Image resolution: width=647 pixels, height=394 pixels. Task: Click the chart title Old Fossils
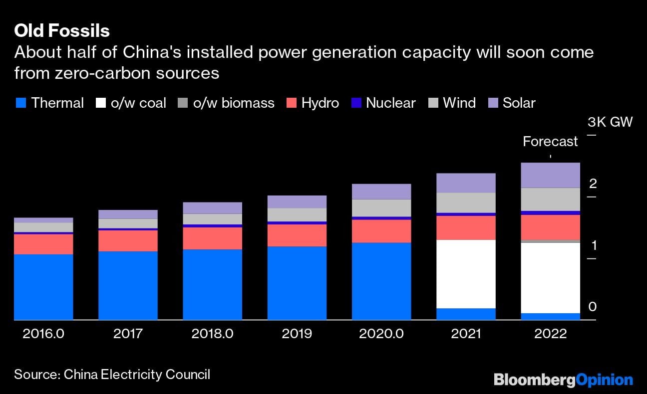tap(62, 31)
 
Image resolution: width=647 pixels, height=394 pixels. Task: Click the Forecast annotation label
tap(550, 142)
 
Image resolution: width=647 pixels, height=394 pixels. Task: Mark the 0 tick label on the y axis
tap(593, 307)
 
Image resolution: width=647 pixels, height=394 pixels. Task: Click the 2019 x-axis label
tap(297, 334)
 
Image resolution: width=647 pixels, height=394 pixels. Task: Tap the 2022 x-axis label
tap(550, 334)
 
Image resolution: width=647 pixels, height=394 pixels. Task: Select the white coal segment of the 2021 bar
tap(466, 274)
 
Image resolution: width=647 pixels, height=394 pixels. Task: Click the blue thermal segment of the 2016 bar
tap(43, 287)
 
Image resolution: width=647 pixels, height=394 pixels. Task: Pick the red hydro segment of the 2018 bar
tap(212, 238)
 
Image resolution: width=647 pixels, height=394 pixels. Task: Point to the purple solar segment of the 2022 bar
tap(550, 175)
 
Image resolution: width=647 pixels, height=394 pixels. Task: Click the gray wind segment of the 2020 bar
tap(381, 208)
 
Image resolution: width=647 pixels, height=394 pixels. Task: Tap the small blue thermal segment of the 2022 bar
tap(550, 317)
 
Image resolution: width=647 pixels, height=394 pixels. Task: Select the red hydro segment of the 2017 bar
tap(128, 240)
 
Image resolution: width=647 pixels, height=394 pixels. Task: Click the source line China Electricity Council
tap(112, 375)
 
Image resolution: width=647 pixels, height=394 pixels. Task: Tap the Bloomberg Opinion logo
tap(563, 380)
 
